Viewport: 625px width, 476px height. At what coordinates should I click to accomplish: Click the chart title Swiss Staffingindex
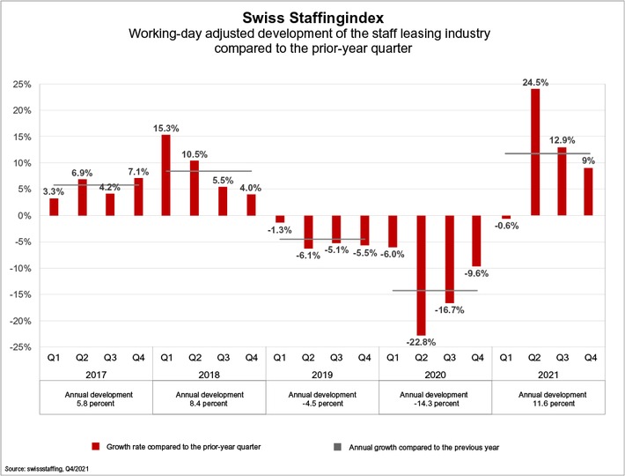[312, 17]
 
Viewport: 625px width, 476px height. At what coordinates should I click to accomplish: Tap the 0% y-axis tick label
[25, 216]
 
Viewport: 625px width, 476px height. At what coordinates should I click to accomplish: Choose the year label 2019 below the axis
[322, 374]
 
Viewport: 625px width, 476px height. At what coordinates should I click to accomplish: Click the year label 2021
[548, 374]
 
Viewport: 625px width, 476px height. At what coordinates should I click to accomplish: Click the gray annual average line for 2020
[435, 290]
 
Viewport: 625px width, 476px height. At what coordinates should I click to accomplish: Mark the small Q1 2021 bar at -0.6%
[506, 218]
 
